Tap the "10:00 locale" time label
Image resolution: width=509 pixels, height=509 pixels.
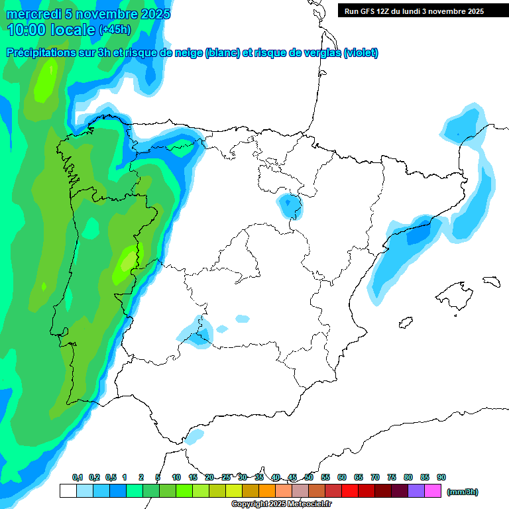51,29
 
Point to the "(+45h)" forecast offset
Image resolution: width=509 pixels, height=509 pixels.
115,30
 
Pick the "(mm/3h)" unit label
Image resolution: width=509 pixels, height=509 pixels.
462,492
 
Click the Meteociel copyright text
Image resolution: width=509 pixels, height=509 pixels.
282,504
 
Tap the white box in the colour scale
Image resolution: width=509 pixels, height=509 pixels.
68,491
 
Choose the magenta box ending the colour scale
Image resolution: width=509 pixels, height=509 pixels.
433,491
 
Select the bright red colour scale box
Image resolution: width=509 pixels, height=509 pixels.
349,491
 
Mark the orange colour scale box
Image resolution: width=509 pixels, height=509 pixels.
266,491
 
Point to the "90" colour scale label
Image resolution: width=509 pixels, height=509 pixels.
441,477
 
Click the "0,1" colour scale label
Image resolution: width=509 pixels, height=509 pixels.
77,477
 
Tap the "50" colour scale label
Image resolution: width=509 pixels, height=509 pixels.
309,477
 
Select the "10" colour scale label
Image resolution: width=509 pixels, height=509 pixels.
176,477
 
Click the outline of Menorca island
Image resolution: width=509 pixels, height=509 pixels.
490,281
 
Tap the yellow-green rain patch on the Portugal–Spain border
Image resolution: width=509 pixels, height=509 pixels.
126,265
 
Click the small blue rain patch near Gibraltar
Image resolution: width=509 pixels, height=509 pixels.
195,436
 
